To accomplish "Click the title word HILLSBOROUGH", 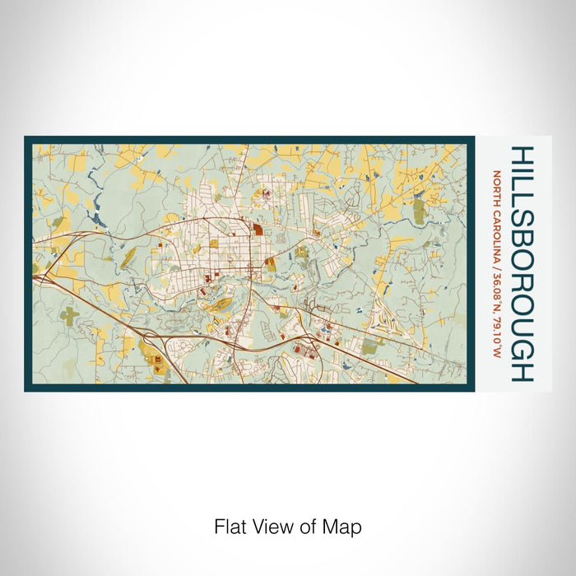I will tap(522, 263).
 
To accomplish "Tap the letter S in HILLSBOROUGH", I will tap(522, 220).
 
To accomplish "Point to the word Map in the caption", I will tap(345, 526).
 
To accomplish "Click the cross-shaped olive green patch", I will tap(71, 315).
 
